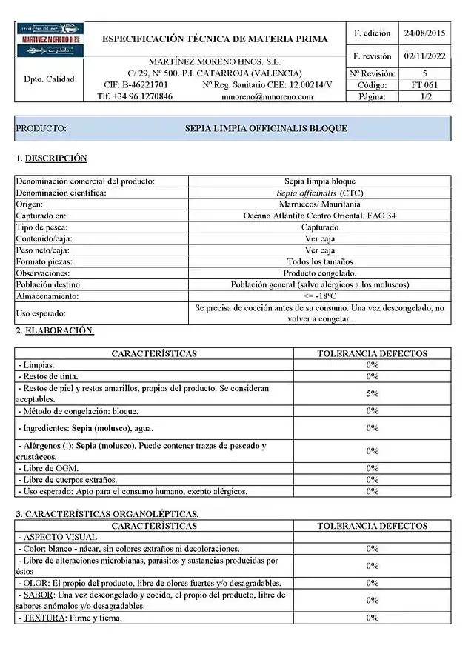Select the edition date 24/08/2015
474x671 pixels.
(425, 33)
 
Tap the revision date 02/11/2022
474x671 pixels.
(425, 56)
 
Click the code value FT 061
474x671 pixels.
(424, 85)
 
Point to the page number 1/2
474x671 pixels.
(425, 96)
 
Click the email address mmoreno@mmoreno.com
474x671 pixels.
(267, 96)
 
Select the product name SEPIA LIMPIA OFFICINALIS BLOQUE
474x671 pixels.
(266, 128)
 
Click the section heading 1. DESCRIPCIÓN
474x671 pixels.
(52, 158)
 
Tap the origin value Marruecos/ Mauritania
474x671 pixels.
(320, 204)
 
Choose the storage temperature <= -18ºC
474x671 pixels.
(320, 296)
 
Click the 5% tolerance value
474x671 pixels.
(372, 393)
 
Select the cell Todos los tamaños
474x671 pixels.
(320, 261)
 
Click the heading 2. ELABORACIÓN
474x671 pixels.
(56, 331)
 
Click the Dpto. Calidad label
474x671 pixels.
(49, 79)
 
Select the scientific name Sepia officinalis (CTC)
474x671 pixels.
(320, 193)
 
